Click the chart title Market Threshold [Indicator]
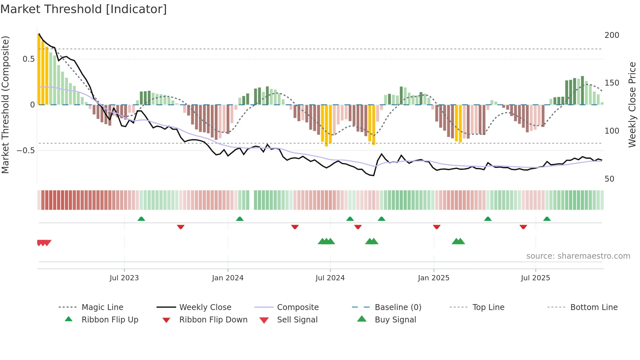point(84,9)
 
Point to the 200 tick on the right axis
point(612,35)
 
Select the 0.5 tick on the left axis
point(29,59)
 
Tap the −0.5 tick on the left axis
point(26,151)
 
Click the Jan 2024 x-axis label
point(228,278)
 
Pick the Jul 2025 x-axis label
point(535,278)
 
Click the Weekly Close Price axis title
point(632,105)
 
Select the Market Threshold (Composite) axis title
point(5,105)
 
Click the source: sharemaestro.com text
point(578,256)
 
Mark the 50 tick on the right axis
point(609,179)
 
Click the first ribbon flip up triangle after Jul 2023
point(141,219)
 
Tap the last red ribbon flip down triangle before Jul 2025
point(523,227)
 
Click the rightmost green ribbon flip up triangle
point(547,219)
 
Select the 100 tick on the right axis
point(612,131)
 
